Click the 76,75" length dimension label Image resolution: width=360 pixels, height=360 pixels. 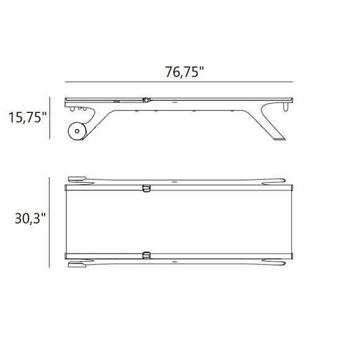pyautogui.click(x=184, y=72)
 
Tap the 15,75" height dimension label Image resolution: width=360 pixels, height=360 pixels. pyautogui.click(x=27, y=117)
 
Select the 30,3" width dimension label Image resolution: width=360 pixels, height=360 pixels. pyautogui.click(x=30, y=218)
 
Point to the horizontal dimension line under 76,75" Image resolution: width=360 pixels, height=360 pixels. pyautogui.click(x=179, y=82)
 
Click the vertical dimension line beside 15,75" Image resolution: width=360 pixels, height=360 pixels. pyautogui.click(x=50, y=118)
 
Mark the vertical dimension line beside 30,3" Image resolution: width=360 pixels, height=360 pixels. pyautogui.click(x=50, y=222)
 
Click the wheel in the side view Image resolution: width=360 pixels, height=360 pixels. pyautogui.click(x=77, y=131)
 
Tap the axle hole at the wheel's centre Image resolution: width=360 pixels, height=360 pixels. pyautogui.click(x=77, y=131)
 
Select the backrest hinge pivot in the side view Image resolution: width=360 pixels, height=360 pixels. pyautogui.click(x=146, y=100)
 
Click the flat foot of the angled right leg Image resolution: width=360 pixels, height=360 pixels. pyautogui.click(x=279, y=139)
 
